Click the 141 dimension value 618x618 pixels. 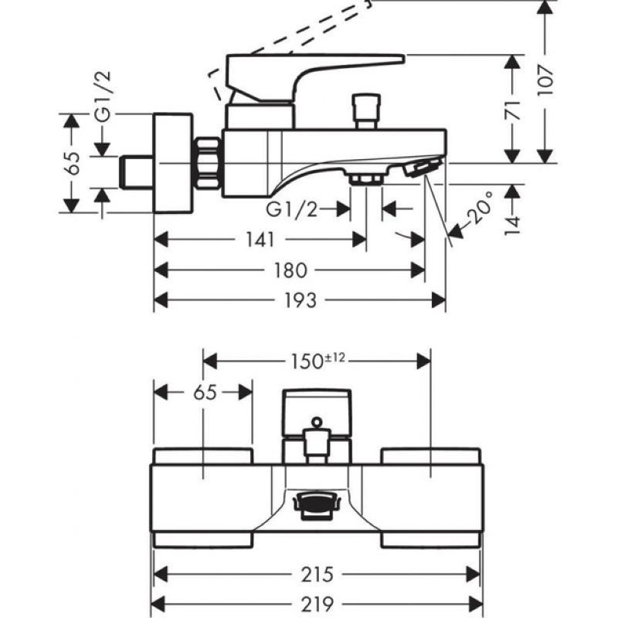[260, 239]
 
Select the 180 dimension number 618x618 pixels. [290, 270]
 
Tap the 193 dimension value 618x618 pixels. [301, 301]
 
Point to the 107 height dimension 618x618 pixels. [545, 81]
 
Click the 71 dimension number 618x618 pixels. [513, 110]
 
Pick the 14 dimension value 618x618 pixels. [513, 226]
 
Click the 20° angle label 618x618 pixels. [480, 208]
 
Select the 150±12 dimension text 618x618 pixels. [317, 361]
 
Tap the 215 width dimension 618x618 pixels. [317, 574]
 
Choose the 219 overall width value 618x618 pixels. [317, 603]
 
